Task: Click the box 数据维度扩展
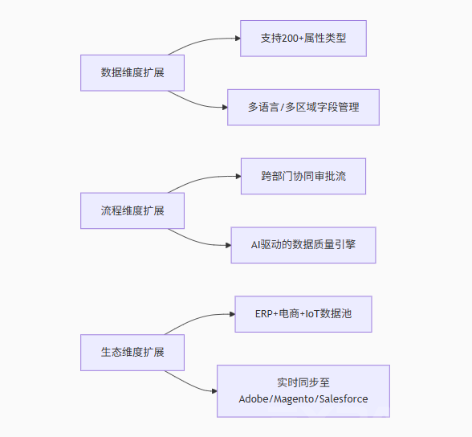(x=132, y=72)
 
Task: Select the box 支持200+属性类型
(x=303, y=39)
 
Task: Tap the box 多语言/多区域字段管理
(x=303, y=107)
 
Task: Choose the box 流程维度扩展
(x=132, y=210)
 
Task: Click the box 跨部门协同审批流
(x=303, y=176)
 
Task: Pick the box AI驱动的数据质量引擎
(x=303, y=245)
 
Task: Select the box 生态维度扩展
(x=132, y=353)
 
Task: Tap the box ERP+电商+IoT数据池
(x=303, y=314)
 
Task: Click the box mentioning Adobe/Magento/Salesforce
(x=303, y=391)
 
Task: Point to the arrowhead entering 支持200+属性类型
(x=238, y=39)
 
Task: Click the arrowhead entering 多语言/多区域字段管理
(x=225, y=107)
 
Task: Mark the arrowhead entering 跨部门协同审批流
(x=238, y=176)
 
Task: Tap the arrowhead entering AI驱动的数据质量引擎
(x=229, y=245)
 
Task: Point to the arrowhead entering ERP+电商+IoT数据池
(x=233, y=314)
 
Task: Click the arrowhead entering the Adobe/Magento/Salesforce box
(x=214, y=391)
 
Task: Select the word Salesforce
(x=344, y=399)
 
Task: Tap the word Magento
(x=294, y=399)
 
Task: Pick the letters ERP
(x=264, y=314)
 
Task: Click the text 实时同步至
(x=303, y=383)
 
